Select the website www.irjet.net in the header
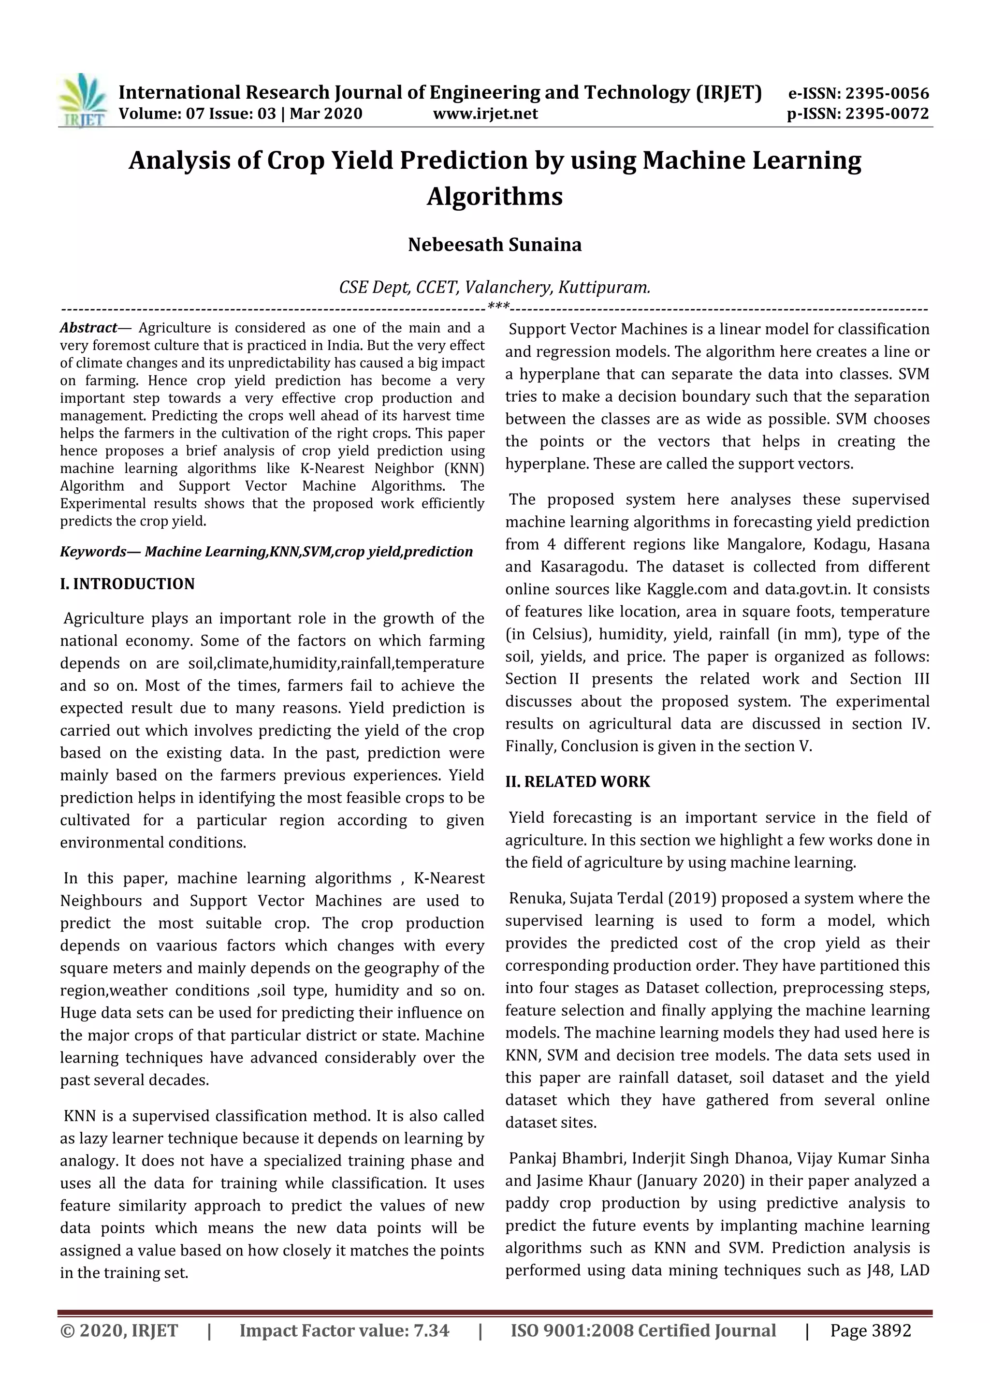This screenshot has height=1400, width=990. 485,114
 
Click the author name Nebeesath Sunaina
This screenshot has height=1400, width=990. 495,245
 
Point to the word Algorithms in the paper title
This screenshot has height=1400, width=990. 495,196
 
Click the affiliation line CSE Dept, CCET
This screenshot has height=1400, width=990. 495,287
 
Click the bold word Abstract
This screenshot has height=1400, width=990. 88,328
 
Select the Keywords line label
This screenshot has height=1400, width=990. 101,552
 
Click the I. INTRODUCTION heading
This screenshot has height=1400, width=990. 128,584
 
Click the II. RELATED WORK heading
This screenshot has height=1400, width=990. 577,782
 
